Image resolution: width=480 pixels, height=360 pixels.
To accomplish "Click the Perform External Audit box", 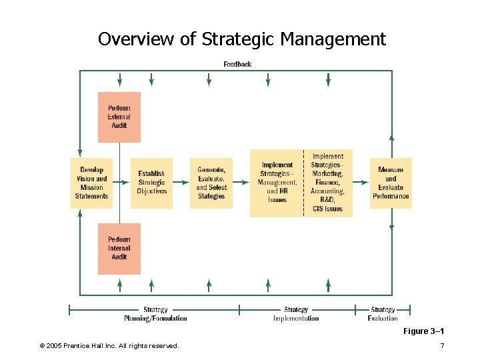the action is (x=119, y=117).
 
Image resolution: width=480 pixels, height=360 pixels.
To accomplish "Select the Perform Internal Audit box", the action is (x=119, y=248).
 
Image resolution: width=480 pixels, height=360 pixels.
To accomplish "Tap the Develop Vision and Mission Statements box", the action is (x=92, y=183).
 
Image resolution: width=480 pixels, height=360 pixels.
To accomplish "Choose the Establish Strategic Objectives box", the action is (x=151, y=183).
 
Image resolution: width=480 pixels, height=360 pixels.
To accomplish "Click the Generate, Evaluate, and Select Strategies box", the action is (x=211, y=183).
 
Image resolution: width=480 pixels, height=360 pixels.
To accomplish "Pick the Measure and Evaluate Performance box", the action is (x=391, y=183).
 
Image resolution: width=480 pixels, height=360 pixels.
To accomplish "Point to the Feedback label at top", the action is (x=237, y=64).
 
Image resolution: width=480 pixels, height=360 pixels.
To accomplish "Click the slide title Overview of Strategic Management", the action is (x=242, y=39).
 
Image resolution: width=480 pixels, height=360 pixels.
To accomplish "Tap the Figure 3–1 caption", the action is (x=423, y=331).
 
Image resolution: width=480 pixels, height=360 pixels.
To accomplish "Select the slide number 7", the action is (x=442, y=345).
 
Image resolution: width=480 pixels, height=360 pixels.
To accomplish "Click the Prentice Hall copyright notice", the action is (x=109, y=345).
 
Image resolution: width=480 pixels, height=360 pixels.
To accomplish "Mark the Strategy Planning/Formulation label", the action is (x=155, y=314).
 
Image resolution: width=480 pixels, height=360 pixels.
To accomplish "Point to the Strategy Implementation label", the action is (x=296, y=314).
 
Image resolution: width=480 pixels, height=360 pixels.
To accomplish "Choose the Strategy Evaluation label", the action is (x=383, y=314).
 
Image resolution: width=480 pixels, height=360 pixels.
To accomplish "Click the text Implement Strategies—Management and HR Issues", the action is (x=277, y=182).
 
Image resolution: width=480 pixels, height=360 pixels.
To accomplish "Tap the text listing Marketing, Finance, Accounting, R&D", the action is (x=327, y=183).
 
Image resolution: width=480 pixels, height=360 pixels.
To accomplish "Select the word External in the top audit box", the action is (x=119, y=117).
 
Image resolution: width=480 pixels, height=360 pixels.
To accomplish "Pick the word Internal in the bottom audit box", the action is (x=119, y=248).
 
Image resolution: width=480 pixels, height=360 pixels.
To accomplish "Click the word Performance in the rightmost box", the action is (x=391, y=197).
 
